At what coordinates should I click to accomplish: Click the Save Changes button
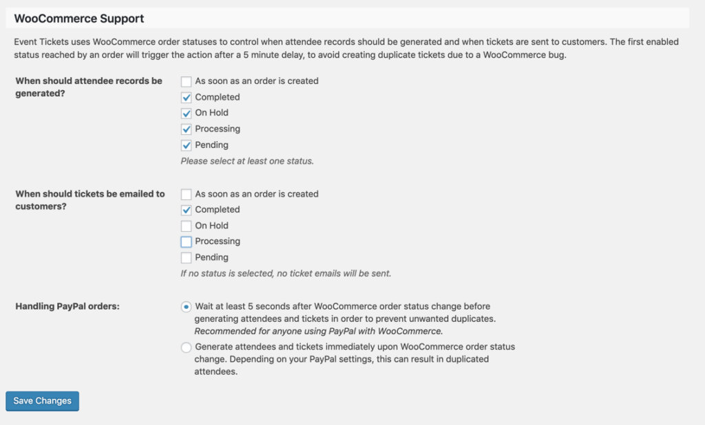click(x=42, y=401)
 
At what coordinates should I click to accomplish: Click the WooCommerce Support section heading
click(x=79, y=18)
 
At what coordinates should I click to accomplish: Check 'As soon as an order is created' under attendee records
click(x=186, y=81)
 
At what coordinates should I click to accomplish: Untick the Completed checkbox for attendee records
click(x=186, y=97)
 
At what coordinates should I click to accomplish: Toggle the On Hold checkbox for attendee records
click(x=186, y=113)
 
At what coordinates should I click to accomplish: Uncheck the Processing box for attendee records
click(x=186, y=129)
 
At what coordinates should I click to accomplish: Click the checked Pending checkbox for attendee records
click(x=186, y=145)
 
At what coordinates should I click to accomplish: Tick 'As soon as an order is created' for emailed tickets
click(x=186, y=194)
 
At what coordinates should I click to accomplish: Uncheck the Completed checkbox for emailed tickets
click(x=186, y=210)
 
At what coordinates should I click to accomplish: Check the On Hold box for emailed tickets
click(x=186, y=226)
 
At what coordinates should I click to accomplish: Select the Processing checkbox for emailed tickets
click(x=186, y=241)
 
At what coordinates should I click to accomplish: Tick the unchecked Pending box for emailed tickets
click(x=186, y=257)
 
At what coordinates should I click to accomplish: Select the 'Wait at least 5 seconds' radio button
click(x=186, y=307)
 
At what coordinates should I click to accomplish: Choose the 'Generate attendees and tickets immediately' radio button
click(x=186, y=347)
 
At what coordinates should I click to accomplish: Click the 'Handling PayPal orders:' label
click(x=67, y=306)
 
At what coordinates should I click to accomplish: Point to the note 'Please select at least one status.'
click(x=247, y=161)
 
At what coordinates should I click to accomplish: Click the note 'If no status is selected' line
click(x=286, y=273)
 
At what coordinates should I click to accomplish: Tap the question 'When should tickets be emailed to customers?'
click(x=90, y=199)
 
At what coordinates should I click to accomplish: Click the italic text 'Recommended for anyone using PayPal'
click(x=318, y=331)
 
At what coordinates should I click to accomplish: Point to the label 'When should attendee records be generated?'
click(x=88, y=87)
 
